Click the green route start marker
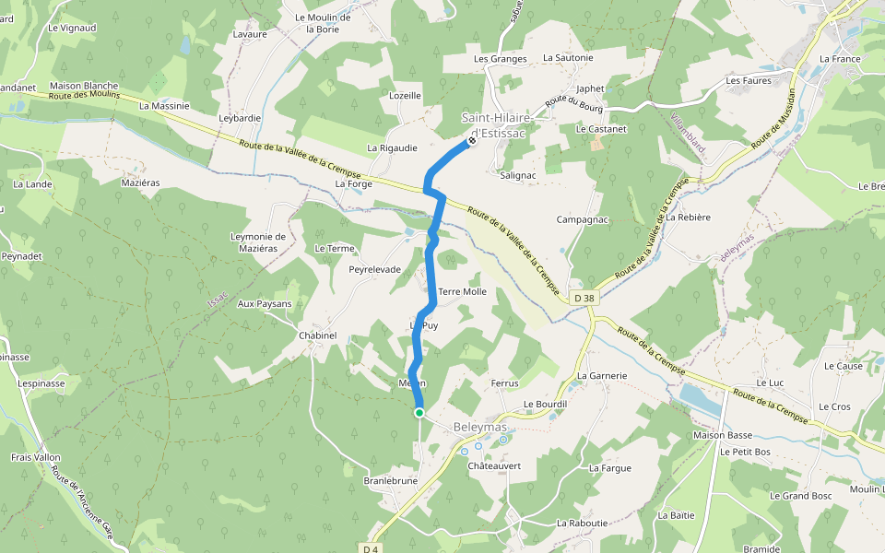(x=419, y=413)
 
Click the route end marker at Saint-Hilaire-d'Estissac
(x=471, y=142)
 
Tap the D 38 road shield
(x=583, y=298)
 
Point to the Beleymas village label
(x=479, y=428)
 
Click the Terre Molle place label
(x=462, y=291)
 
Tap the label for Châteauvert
(x=494, y=465)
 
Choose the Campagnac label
(x=582, y=219)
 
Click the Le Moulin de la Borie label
(x=323, y=23)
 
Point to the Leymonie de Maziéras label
(x=258, y=242)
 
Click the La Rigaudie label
(x=392, y=147)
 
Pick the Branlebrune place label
(x=391, y=481)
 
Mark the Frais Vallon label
(x=35, y=457)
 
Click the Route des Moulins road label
(x=86, y=96)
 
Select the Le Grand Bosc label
(x=800, y=496)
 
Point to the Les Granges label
(x=500, y=59)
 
